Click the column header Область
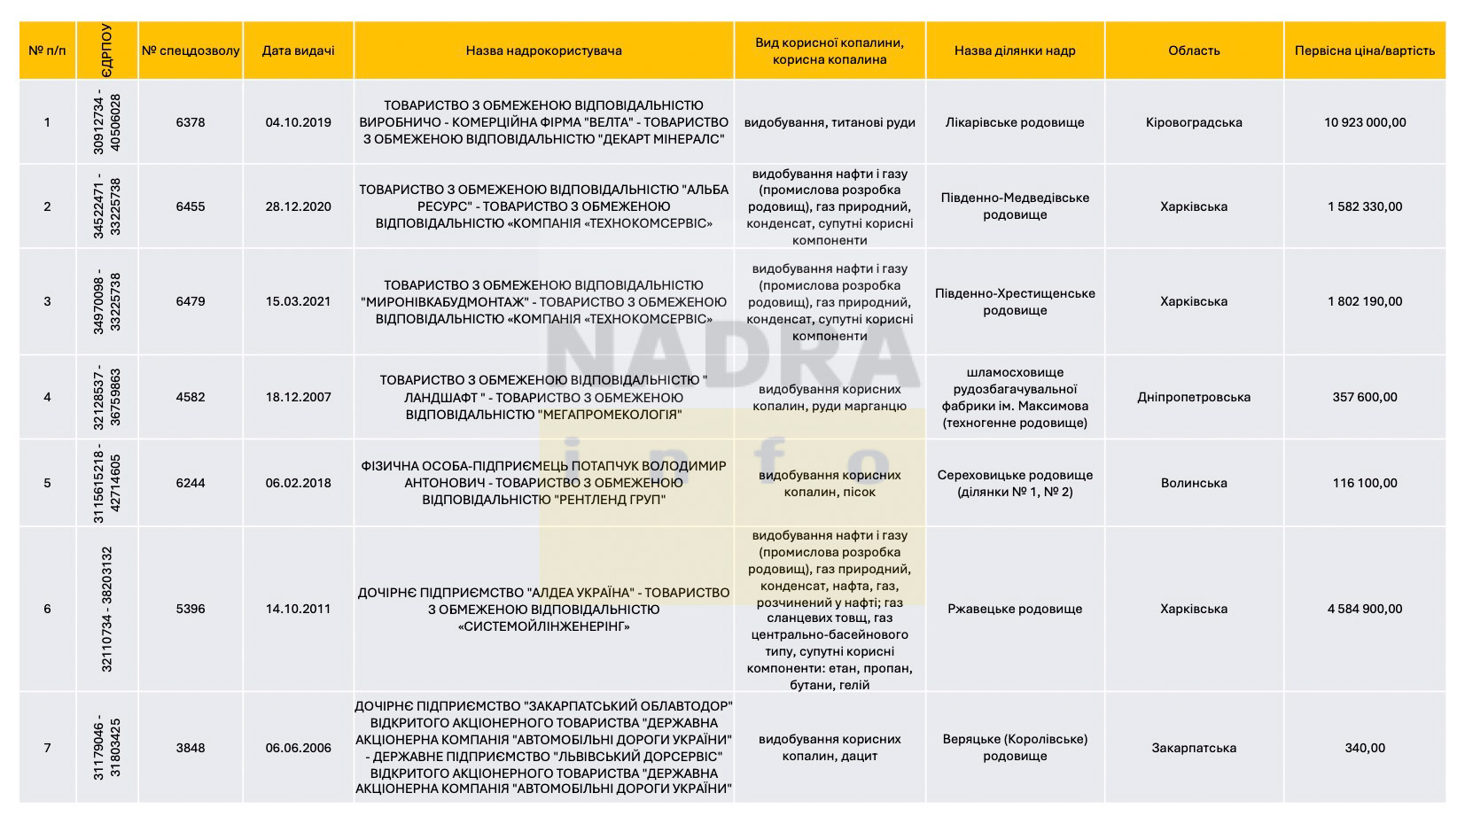(x=1193, y=51)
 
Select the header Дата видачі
(x=298, y=51)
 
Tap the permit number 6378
(x=191, y=122)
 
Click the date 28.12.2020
(x=298, y=206)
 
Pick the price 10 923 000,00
(x=1364, y=122)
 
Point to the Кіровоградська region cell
(x=1193, y=122)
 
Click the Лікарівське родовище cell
(x=1015, y=122)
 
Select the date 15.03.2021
(x=298, y=301)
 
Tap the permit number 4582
(x=191, y=397)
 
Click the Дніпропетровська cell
(x=1193, y=397)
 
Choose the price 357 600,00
(x=1364, y=397)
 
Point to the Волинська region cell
(x=1193, y=483)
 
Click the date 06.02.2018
(x=298, y=483)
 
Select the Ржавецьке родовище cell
(x=1015, y=609)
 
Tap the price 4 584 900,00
(x=1364, y=609)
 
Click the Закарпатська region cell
(x=1193, y=748)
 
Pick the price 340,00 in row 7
(x=1364, y=748)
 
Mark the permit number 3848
(x=191, y=748)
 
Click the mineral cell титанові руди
(x=830, y=122)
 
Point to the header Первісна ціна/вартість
(x=1364, y=51)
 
